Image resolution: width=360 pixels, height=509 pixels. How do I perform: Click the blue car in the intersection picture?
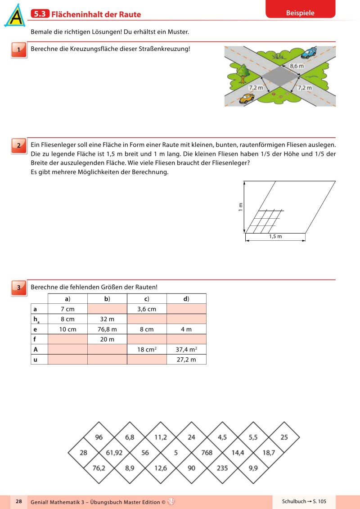tap(308, 53)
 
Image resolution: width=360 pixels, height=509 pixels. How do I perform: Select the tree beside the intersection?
tap(243, 72)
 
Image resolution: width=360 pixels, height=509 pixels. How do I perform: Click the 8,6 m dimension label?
tap(296, 66)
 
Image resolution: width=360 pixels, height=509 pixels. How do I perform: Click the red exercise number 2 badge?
tap(18, 145)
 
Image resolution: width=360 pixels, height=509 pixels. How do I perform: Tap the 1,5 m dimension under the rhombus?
tap(275, 237)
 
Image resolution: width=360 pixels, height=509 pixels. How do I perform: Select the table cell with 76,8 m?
tap(107, 329)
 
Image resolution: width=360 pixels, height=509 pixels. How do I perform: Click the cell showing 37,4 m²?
tap(186, 349)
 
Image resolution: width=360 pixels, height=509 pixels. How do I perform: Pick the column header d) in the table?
tap(186, 299)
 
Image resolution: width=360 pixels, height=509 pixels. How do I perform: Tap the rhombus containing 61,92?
tap(114, 453)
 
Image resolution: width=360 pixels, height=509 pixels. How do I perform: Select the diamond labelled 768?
tap(207, 453)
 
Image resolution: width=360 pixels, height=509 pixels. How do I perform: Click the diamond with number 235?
tap(222, 468)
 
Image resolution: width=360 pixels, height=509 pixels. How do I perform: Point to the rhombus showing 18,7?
tap(269, 453)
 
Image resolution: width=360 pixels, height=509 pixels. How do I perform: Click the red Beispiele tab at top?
tap(300, 13)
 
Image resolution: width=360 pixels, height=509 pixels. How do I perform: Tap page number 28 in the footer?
tap(18, 501)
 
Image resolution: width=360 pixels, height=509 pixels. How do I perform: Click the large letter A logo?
tap(15, 16)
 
